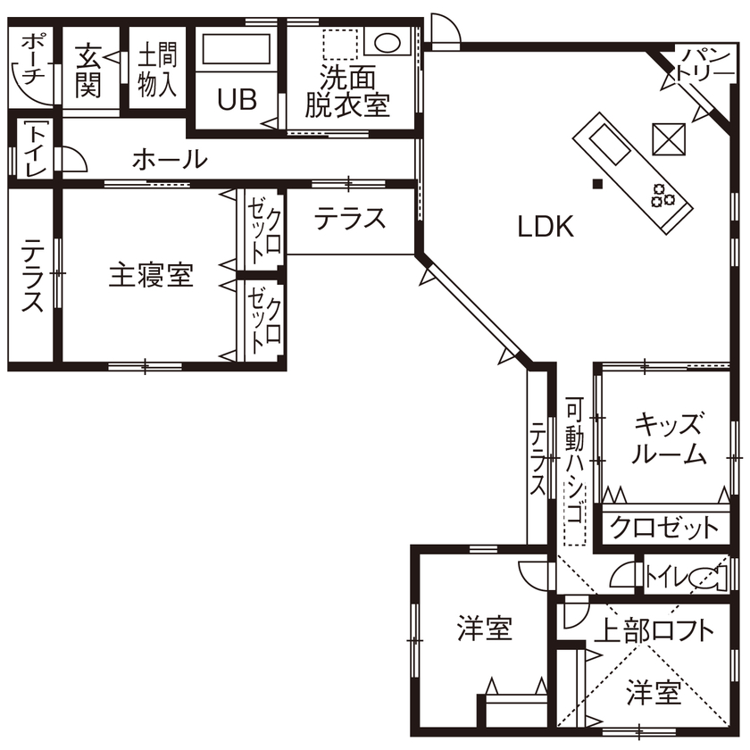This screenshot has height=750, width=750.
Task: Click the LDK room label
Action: tap(545, 228)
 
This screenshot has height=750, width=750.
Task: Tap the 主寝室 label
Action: tap(151, 275)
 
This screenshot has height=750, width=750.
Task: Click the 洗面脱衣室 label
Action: tap(347, 91)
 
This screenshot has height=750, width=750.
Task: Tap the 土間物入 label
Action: tap(157, 71)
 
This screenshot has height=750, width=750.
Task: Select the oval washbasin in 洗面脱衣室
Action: tap(386, 43)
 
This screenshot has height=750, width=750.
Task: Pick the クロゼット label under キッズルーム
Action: tap(663, 527)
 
